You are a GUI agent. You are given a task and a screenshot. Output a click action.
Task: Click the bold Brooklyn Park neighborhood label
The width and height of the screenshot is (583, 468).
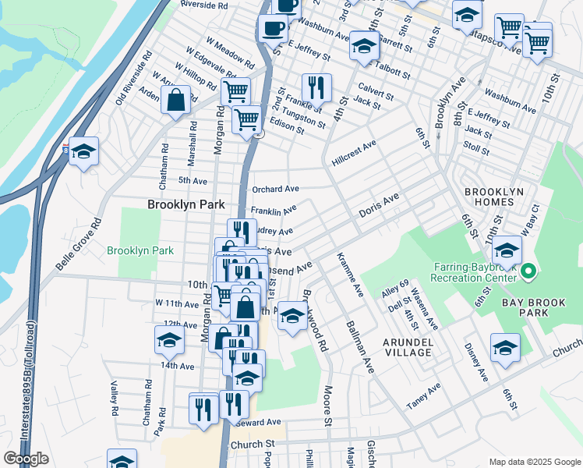click(x=186, y=204)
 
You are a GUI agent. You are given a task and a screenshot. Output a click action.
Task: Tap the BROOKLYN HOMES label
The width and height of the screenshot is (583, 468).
click(x=500, y=197)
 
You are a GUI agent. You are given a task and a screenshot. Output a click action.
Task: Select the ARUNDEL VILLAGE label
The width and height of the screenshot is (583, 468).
click(x=408, y=347)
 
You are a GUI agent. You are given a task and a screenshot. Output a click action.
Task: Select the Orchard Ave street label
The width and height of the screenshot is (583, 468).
click(x=275, y=189)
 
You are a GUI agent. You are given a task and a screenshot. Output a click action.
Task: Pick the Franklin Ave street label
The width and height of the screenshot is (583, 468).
click(x=274, y=211)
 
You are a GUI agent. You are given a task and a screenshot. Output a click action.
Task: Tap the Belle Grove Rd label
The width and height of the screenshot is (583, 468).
click(x=78, y=244)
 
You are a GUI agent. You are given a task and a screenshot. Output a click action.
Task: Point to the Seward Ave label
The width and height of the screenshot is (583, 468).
click(x=262, y=422)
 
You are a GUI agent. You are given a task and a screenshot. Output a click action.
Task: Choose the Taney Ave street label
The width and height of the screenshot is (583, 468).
click(x=423, y=395)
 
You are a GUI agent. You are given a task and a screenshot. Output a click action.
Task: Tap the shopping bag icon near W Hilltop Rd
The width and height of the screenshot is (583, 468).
click(x=176, y=101)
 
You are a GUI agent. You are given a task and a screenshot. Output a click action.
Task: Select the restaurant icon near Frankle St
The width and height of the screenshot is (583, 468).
click(x=316, y=87)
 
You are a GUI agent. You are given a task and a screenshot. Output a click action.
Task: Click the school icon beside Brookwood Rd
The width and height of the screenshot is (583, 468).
click(x=292, y=316)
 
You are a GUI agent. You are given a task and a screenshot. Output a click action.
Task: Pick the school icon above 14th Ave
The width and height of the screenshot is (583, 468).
click(x=169, y=341)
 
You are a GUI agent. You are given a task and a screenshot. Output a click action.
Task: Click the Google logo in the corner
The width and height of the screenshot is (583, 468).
click(x=26, y=459)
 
